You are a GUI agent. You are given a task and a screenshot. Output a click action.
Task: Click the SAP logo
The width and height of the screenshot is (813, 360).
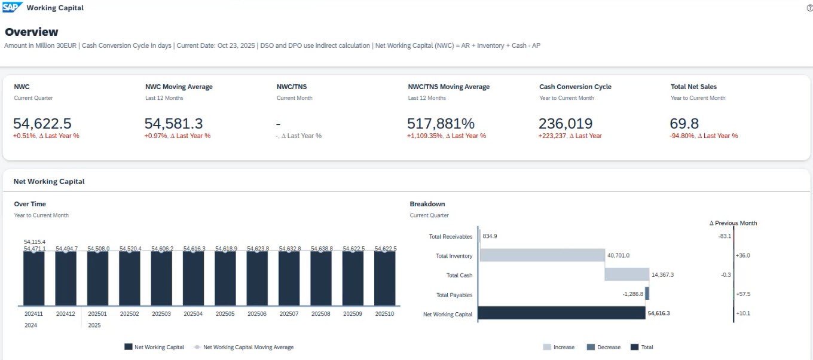(x=12, y=8)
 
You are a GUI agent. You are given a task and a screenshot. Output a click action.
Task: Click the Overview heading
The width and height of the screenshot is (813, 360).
(x=32, y=32)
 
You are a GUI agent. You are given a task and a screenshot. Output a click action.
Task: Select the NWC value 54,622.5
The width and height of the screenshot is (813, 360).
(x=42, y=124)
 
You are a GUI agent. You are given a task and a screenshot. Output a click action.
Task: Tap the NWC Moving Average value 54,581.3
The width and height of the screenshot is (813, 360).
(x=173, y=124)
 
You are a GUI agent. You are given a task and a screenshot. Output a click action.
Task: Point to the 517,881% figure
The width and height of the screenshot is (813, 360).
(x=441, y=124)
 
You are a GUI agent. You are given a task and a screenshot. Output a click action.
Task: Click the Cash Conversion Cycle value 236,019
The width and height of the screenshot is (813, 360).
(x=566, y=124)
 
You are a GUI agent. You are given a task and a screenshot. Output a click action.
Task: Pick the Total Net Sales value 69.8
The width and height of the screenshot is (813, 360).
(x=684, y=124)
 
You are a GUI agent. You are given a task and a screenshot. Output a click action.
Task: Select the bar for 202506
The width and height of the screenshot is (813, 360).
(x=257, y=278)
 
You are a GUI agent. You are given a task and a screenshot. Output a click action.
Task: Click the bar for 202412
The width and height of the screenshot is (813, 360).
(x=66, y=278)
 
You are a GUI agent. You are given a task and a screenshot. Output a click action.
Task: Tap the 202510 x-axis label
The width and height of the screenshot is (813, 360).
(x=384, y=314)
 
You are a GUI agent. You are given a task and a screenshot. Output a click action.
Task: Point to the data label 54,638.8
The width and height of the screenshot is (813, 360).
(x=321, y=248)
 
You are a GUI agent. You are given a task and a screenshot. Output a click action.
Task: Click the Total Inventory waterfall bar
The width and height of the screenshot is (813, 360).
(x=542, y=255)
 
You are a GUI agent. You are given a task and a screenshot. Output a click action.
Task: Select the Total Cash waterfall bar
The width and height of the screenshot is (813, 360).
(x=626, y=274)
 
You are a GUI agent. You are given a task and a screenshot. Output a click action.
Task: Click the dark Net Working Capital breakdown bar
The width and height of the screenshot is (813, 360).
(x=562, y=313)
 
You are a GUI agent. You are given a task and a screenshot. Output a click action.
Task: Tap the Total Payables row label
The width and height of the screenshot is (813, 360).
(x=454, y=295)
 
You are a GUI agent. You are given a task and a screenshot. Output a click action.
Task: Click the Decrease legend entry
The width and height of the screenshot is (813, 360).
(x=603, y=347)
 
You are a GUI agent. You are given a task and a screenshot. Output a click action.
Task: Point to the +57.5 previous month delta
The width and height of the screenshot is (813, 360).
(x=744, y=294)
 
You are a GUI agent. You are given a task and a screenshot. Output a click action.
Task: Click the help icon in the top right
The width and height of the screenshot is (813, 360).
(x=809, y=8)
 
